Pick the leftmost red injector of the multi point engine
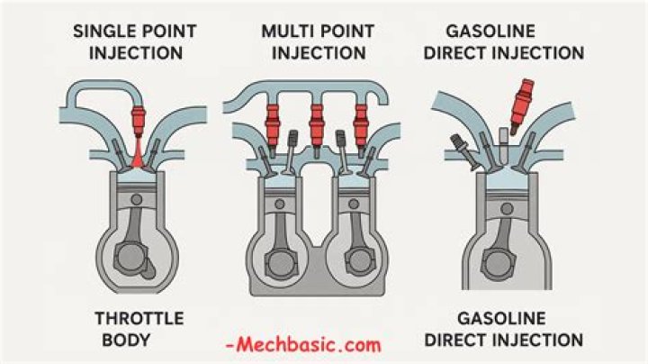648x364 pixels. [271, 121]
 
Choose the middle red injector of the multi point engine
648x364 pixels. [316, 121]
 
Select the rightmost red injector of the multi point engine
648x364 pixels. [361, 121]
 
